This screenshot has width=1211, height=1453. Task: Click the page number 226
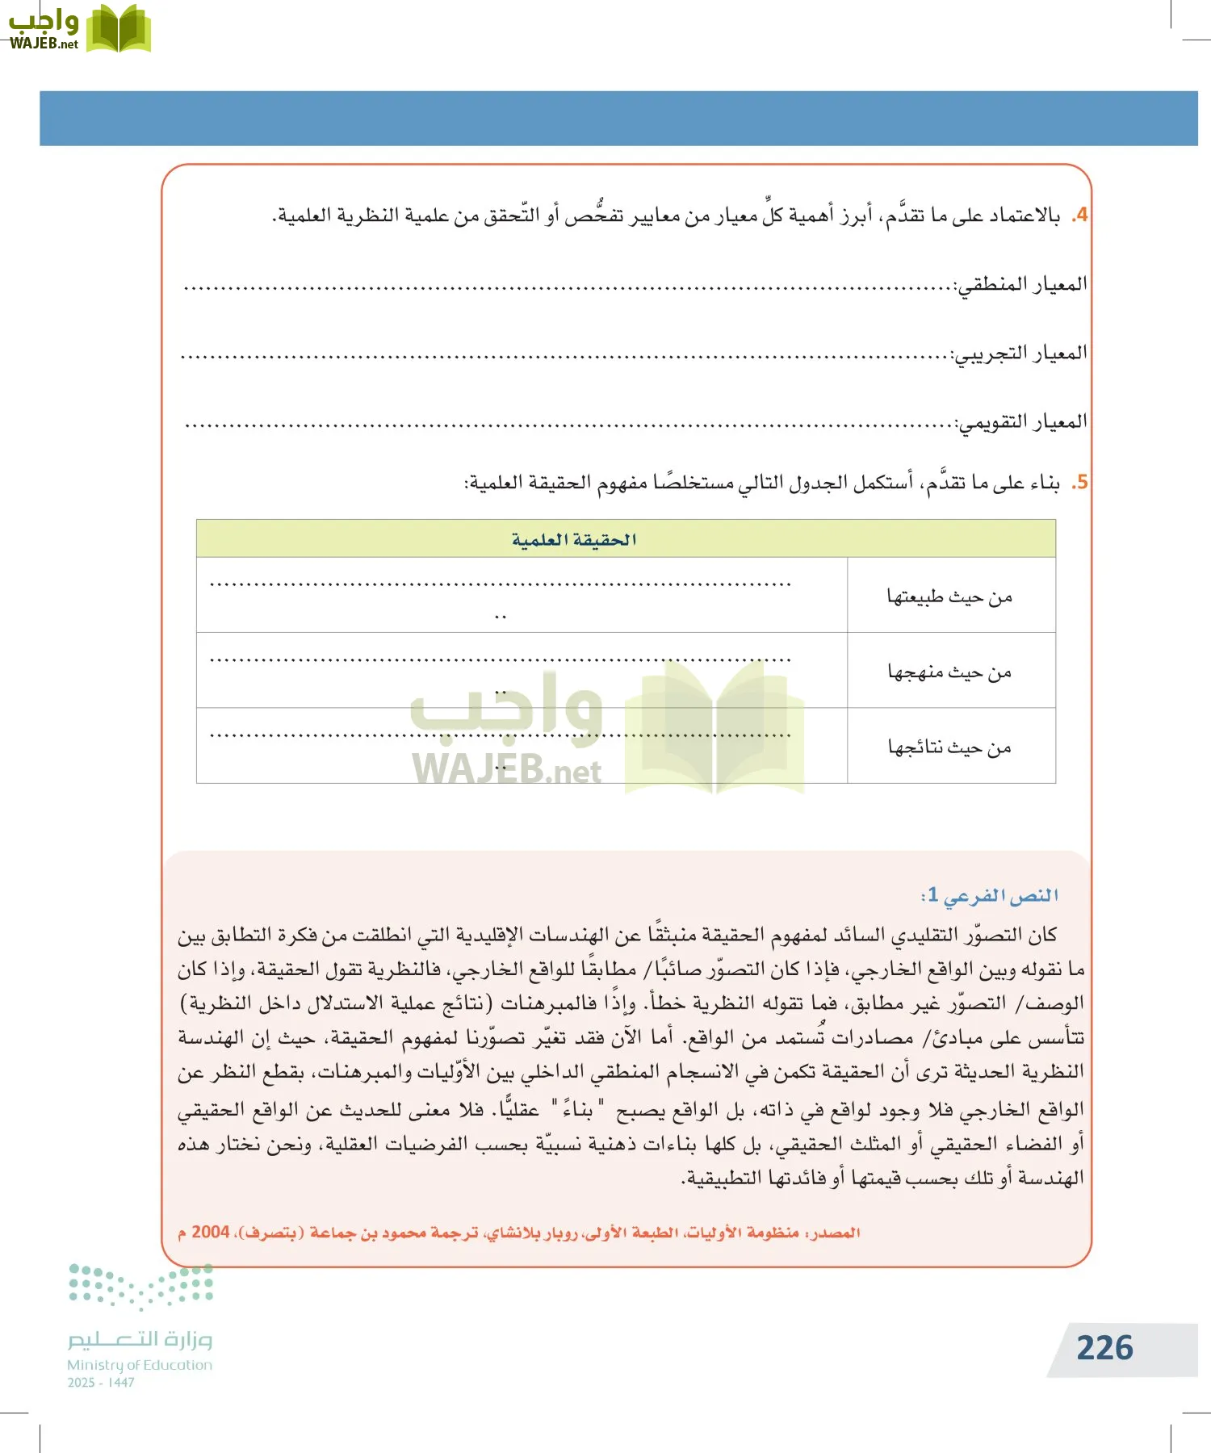[x=1104, y=1348]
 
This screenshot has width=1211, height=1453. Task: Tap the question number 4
[x=1081, y=216]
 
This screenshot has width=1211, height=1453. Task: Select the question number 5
[x=1081, y=483]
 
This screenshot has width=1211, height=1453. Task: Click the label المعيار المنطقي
[x=1021, y=285]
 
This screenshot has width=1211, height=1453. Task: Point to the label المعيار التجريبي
[x=1020, y=354]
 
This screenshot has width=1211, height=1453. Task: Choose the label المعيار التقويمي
[x=1021, y=422]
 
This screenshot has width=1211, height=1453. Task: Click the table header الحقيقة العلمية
[x=574, y=539]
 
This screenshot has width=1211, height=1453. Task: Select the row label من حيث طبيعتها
[x=949, y=597]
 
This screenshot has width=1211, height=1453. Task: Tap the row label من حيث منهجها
[x=949, y=672]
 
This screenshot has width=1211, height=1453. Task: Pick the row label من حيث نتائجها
[x=949, y=747]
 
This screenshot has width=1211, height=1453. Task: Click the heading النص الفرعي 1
[x=990, y=895]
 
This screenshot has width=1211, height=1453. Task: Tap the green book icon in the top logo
[x=118, y=29]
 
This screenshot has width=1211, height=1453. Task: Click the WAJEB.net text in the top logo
[x=44, y=44]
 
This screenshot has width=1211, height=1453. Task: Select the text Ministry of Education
[x=140, y=1365]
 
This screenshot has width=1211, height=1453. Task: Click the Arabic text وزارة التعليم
[x=140, y=1339]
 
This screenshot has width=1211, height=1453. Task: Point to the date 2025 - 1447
[x=101, y=1383]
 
